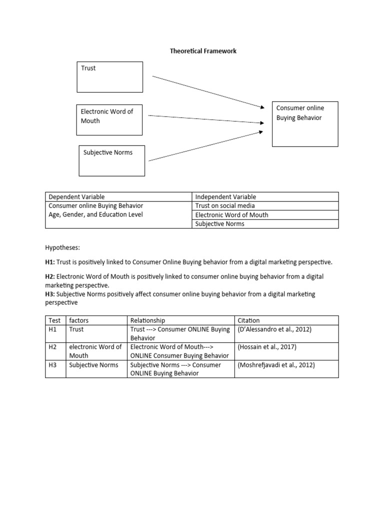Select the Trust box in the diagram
[109, 77]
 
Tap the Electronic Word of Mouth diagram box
[109, 120]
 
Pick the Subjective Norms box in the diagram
[112, 160]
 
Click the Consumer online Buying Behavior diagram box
[304, 124]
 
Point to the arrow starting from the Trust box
[207, 91]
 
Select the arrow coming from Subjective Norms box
[205, 146]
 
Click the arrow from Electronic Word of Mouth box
[205, 118]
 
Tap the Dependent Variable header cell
[76, 197]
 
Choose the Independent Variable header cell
[225, 197]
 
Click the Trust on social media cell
[225, 206]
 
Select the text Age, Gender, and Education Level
[95, 215]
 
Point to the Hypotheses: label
[62, 247]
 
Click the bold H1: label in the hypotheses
[50, 262]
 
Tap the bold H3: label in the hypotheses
[50, 294]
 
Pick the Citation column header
[249, 320]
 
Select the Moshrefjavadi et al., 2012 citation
[276, 365]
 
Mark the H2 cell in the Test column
[52, 347]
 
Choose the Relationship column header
[147, 320]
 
